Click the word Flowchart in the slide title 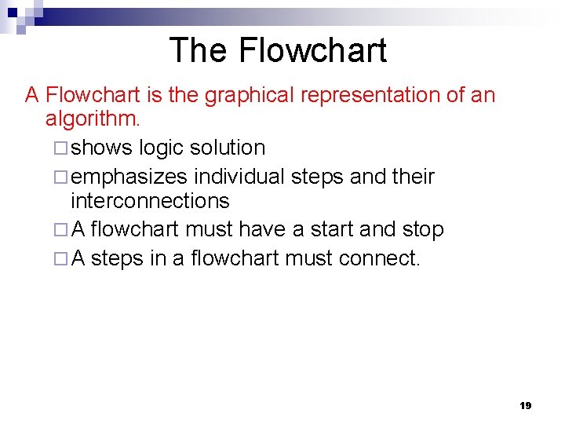point(312,50)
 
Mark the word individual point(241,177)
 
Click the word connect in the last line point(380,258)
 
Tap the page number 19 point(526,405)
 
